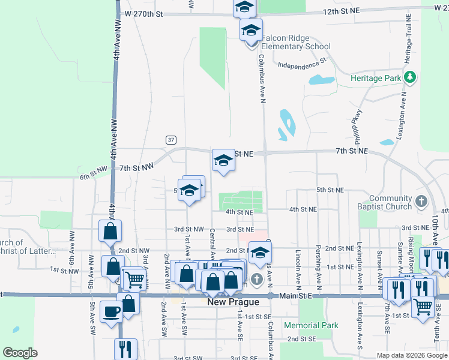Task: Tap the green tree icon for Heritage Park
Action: (x=410, y=77)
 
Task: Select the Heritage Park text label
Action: (x=375, y=78)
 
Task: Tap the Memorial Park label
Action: (x=311, y=325)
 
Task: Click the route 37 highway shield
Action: (x=171, y=140)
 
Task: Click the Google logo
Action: (x=20, y=353)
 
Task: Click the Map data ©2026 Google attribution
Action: (x=412, y=355)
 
